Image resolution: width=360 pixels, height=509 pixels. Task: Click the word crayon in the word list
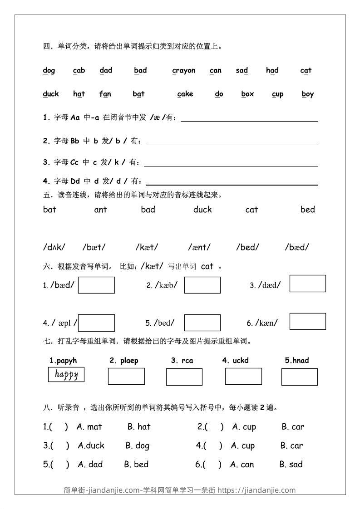tap(183, 70)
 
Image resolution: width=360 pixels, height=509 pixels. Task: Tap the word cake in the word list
tap(185, 94)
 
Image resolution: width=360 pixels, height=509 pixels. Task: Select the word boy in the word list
tap(307, 94)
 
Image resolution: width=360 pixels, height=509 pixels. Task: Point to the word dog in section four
tap(49, 70)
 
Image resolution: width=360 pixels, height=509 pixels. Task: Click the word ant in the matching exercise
tap(100, 210)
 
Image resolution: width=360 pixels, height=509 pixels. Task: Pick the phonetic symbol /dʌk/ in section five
tap(54, 247)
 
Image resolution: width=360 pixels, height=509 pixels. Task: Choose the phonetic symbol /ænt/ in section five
tap(199, 247)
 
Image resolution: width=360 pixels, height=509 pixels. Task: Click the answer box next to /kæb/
tap(202, 285)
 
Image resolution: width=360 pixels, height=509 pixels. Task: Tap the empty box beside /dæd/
tap(307, 284)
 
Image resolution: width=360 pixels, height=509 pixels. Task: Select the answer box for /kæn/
tap(307, 321)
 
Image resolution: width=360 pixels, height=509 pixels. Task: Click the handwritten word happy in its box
tap(66, 375)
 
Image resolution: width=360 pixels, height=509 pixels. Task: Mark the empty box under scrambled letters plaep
tap(126, 376)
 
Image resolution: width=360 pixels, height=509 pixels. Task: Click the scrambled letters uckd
tap(235, 361)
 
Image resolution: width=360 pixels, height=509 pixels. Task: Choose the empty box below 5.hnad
tap(299, 377)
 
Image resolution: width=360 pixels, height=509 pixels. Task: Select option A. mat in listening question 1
tap(89, 426)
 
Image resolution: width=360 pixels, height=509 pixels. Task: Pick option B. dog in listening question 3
tap(137, 445)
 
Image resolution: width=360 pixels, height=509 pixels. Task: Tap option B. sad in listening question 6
tap(291, 464)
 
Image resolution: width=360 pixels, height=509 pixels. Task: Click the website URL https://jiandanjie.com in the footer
tap(256, 490)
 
